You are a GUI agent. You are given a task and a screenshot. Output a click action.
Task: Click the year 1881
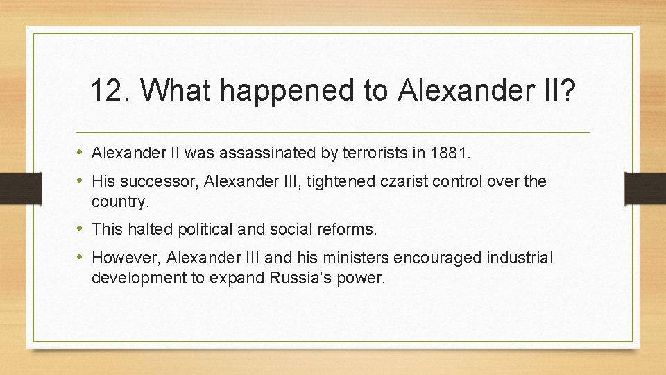[451, 152]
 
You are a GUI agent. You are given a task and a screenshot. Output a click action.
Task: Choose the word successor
[155, 182]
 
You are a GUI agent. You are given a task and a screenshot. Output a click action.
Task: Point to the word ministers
[358, 258]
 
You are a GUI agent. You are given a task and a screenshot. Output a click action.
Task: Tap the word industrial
[520, 258]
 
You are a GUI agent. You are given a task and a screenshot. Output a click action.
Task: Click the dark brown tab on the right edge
[646, 187]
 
